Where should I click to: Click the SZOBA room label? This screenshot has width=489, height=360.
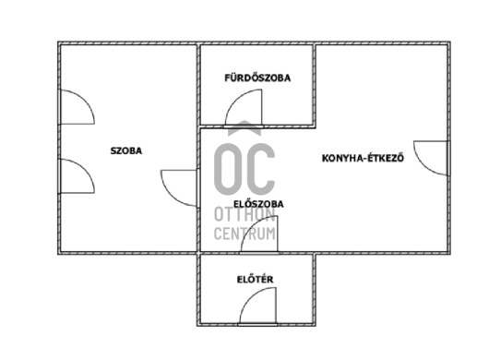coord(126,151)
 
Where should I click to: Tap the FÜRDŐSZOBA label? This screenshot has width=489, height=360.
coord(257,78)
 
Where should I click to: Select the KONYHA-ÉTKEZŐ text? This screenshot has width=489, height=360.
coord(363,158)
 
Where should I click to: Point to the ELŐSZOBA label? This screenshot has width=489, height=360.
coord(258,204)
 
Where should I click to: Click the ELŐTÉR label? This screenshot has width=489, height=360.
coord(255,279)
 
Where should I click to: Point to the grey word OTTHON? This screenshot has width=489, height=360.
coord(244,215)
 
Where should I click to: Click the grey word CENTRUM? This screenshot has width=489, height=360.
coord(244,234)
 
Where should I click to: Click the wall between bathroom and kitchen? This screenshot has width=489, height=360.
coord(315,85)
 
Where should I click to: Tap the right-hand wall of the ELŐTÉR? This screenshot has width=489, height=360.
coord(314,290)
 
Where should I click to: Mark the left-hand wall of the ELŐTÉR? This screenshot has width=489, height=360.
coord(198,290)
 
